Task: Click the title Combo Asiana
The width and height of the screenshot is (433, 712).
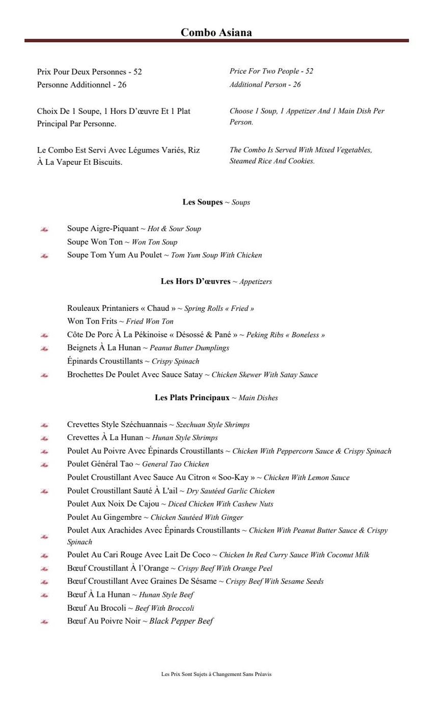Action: click(216, 33)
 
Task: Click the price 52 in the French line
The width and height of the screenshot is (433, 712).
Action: click(138, 72)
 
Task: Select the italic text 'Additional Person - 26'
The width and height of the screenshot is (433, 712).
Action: click(265, 84)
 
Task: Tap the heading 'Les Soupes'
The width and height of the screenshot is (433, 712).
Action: click(203, 202)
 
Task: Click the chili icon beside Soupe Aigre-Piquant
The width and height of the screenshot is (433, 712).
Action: click(44, 229)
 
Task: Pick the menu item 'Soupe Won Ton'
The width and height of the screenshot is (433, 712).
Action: click(95, 242)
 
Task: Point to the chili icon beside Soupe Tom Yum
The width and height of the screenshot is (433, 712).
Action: click(44, 256)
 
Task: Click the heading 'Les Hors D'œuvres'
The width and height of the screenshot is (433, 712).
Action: click(196, 281)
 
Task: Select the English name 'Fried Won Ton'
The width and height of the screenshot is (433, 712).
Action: click(150, 321)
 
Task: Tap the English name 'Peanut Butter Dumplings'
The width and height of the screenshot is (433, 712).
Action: click(189, 348)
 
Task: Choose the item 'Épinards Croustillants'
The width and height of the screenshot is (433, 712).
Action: click(105, 361)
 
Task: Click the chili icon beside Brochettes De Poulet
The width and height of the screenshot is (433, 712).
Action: click(44, 375)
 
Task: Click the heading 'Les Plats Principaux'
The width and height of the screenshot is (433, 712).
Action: click(192, 398)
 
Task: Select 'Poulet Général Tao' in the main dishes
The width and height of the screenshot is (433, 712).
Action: click(100, 464)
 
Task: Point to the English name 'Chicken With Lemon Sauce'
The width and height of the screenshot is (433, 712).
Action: click(306, 478)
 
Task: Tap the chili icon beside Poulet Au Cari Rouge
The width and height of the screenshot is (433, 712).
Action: click(44, 555)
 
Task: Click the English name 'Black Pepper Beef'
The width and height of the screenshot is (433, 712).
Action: click(181, 621)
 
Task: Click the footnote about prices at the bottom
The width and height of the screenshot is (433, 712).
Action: click(216, 674)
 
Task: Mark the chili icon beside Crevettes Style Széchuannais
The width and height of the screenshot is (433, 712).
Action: click(44, 425)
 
